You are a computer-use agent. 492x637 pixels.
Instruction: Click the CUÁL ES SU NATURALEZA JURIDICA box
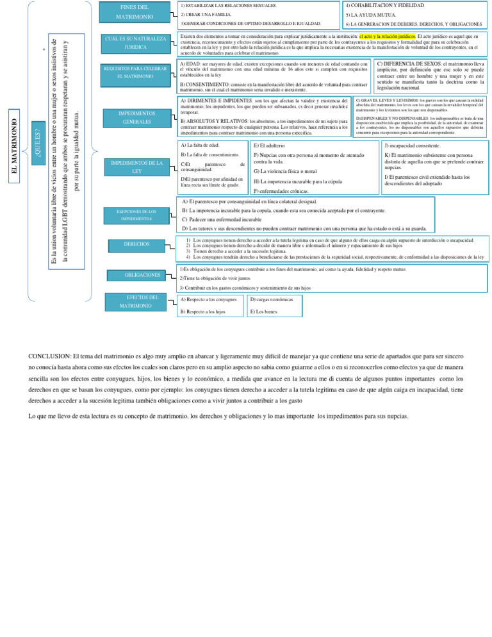135,43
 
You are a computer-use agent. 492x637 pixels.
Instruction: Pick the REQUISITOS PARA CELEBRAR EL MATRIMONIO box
135,72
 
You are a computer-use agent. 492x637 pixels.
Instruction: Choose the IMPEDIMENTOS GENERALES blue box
135,116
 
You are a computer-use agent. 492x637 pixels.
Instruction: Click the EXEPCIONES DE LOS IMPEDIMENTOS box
135,215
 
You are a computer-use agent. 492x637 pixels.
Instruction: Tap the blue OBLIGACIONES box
143,275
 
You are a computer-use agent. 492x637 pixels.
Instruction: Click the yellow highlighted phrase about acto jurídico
388,37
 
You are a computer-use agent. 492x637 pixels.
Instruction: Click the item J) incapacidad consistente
412,146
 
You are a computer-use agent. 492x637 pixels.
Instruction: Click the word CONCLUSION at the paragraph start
50,356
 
